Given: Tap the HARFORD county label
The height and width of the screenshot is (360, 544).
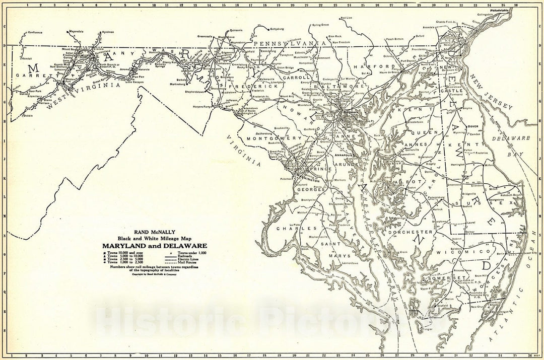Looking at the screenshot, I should pyautogui.click(x=381, y=66).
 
